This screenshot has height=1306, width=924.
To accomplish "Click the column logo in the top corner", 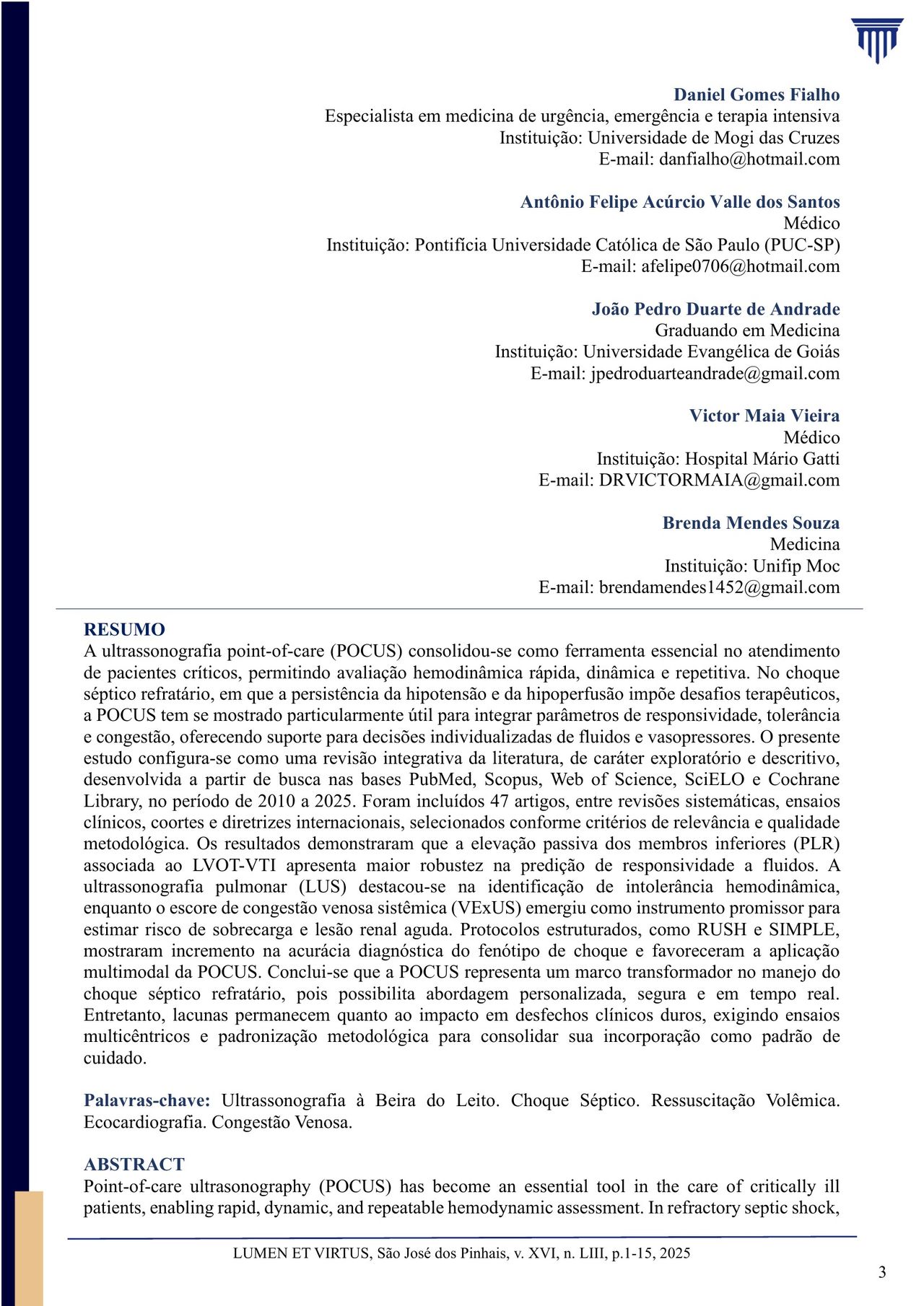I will coord(876,40).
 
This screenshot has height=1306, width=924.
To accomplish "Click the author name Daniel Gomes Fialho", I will coord(757,95).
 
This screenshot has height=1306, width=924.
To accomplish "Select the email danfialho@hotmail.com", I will coord(749,159).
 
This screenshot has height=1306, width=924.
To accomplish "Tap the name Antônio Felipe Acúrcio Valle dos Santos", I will coord(680,202).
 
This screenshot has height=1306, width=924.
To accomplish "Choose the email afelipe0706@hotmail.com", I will coord(741,266).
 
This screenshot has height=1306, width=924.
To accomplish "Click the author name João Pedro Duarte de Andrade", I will coord(715,309).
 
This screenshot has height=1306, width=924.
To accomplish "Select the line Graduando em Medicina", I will coord(747,330).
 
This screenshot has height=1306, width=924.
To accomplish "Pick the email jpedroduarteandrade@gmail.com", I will coord(715,373).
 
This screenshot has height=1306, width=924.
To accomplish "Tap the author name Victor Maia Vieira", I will coord(764,416).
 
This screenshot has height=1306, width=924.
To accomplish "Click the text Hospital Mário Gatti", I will coord(762,459).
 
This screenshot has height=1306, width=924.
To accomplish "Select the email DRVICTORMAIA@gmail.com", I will coord(719,480).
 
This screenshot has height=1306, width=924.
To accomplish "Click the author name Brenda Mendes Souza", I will coord(751,523).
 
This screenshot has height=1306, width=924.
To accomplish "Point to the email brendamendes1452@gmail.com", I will coord(719,587).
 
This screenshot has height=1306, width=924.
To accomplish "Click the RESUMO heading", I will coord(124,630).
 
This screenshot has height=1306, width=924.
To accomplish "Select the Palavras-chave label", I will coord(147,1100).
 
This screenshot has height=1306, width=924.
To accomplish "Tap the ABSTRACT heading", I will coord(134,1165).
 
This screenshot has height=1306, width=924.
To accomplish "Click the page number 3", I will coord(882,1273).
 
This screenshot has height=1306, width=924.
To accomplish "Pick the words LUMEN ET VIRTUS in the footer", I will coord(302,1253).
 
